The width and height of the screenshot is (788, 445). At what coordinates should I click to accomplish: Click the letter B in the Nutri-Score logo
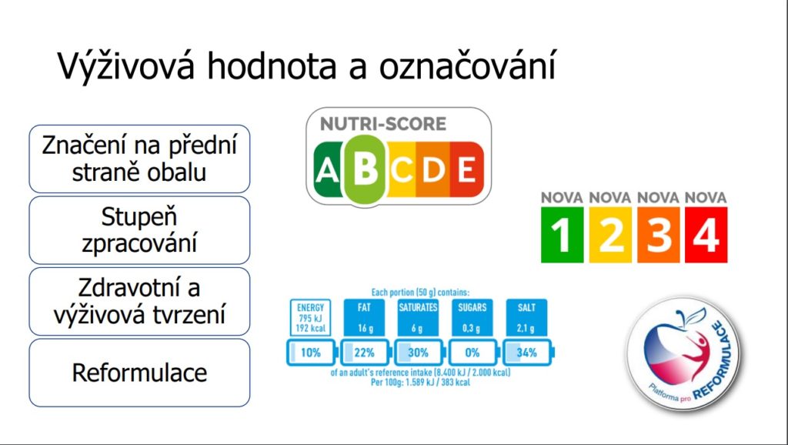(366, 169)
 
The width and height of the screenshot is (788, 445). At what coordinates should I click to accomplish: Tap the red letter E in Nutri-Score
(467, 169)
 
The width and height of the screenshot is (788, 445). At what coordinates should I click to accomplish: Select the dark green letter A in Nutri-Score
(327, 169)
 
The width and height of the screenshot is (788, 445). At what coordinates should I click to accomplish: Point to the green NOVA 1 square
(562, 235)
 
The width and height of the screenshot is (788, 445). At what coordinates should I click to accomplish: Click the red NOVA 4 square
(706, 235)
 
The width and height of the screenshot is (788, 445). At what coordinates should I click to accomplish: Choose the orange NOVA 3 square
(659, 235)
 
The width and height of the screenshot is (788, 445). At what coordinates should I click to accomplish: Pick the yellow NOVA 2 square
(610, 235)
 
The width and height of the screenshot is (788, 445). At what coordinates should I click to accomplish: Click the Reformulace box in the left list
(139, 373)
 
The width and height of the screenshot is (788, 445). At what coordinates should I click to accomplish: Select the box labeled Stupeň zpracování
(139, 230)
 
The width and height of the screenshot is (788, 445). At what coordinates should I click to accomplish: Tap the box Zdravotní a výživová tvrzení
(139, 302)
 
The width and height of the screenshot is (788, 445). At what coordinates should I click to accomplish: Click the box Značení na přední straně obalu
(139, 159)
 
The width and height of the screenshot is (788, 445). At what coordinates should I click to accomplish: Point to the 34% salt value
(526, 353)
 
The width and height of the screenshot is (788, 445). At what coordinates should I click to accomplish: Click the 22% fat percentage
(364, 353)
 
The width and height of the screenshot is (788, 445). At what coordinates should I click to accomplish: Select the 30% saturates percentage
(418, 353)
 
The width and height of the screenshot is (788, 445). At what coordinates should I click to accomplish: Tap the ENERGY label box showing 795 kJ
(311, 317)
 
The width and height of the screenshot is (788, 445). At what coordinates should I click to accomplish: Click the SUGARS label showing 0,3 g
(472, 317)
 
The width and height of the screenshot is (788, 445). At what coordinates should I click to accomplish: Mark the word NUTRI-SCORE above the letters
(383, 124)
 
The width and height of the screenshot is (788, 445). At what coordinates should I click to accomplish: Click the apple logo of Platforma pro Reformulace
(683, 353)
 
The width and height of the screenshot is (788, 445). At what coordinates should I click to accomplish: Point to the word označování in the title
(467, 65)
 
